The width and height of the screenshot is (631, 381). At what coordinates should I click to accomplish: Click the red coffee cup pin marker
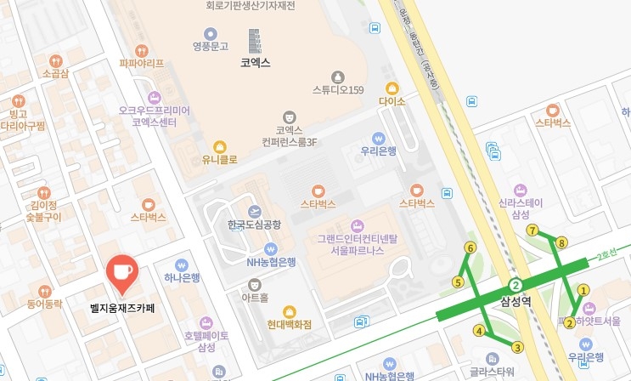point(122,271)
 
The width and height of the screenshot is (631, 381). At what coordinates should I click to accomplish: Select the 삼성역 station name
point(516,299)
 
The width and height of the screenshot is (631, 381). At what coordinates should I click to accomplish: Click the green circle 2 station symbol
point(515,285)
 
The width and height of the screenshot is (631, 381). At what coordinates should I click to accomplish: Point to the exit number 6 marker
point(470,247)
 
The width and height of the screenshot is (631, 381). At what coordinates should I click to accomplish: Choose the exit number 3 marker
point(517,346)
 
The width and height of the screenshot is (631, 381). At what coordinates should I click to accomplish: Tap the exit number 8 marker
point(561,243)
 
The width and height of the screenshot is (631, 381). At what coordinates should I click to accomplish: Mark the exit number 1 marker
point(583,290)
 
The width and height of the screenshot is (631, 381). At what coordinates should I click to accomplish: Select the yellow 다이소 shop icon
point(392,88)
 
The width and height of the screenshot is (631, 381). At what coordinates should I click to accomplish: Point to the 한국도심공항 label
point(253,225)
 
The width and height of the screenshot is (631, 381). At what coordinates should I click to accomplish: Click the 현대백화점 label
point(290,324)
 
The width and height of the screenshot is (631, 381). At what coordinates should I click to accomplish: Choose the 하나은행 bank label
point(182,277)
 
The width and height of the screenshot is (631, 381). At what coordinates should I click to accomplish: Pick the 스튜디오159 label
point(338,90)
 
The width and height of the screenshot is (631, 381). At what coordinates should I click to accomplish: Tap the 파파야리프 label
point(141,62)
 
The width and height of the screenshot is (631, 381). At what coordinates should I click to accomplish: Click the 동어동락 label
point(45,304)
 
